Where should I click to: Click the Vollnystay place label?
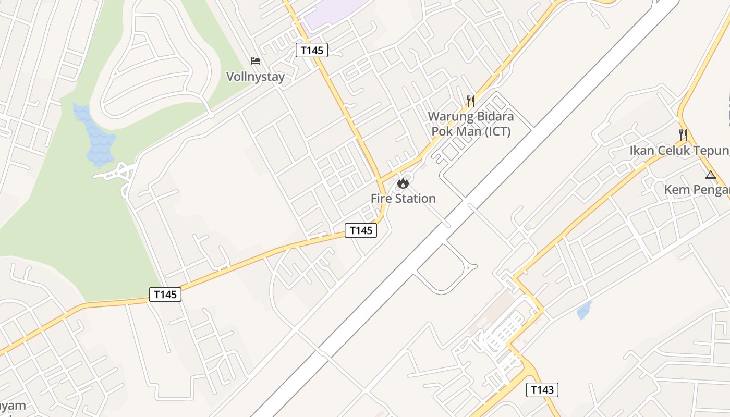tap(255, 77)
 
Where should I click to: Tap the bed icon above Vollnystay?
tap(256, 61)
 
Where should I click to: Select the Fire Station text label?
tap(403, 199)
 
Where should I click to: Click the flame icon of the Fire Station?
tap(403, 183)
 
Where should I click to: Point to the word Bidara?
tap(492, 116)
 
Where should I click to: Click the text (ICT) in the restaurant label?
tap(497, 131)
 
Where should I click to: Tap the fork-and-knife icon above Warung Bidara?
tap(471, 101)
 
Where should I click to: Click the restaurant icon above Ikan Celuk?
tap(683, 134)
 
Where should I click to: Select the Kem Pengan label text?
tap(697, 190)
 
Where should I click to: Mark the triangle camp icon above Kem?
tap(710, 175)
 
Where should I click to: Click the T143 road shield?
tap(542, 389)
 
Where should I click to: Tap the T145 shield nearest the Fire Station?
tap(361, 230)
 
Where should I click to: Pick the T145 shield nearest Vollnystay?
tap(312, 50)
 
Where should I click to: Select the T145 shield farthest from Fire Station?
tap(165, 294)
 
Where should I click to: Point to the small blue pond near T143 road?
tap(584, 311)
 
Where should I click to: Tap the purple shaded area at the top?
tap(334, 13)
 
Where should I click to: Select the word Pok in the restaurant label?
tap(443, 131)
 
